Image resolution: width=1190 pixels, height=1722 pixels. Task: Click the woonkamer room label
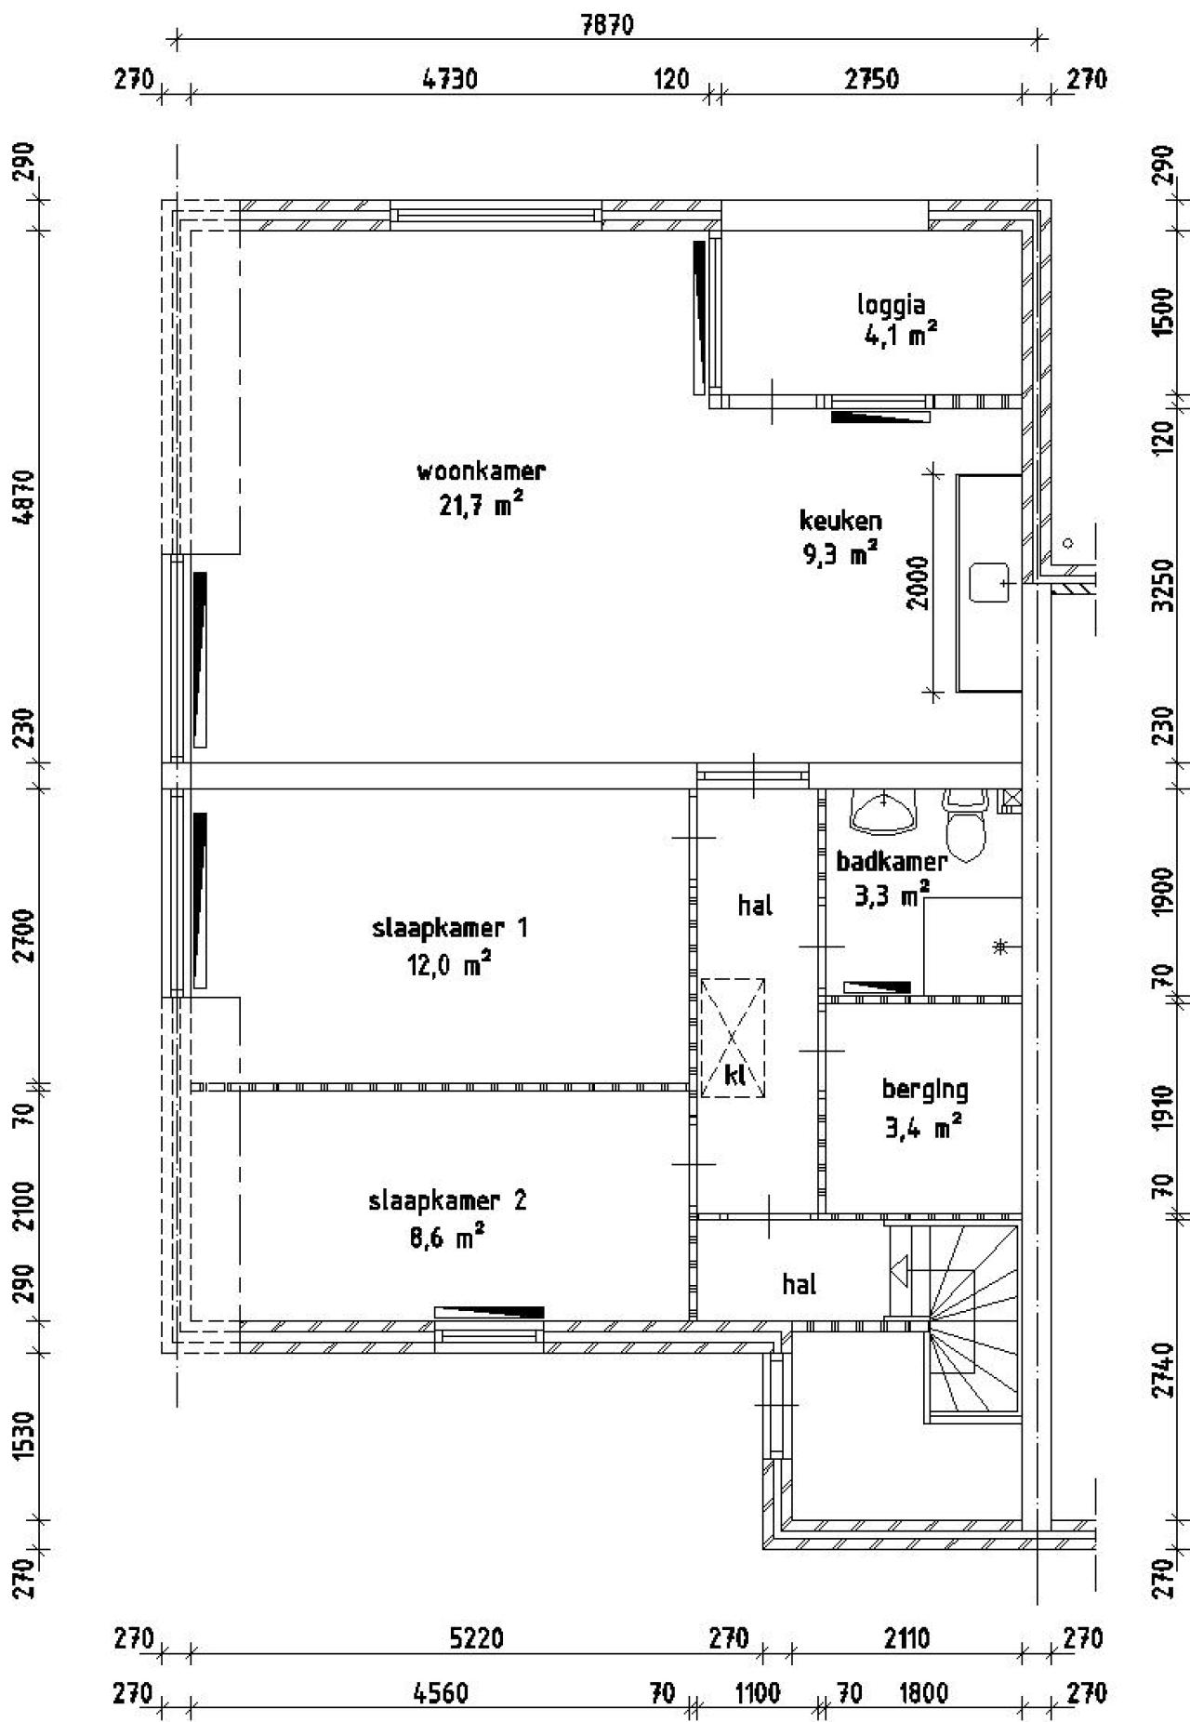point(480,471)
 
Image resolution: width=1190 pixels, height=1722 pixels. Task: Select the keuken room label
point(840,521)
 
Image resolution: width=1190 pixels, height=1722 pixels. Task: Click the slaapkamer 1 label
point(449,928)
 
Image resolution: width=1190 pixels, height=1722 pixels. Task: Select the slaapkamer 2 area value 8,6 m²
point(446,1238)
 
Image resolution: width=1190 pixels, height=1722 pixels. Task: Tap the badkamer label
point(891,861)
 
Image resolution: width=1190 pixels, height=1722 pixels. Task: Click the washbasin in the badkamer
point(881,811)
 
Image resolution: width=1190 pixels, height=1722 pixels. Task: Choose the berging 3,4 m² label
point(924,1107)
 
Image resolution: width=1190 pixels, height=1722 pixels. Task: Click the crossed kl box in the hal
point(733,1038)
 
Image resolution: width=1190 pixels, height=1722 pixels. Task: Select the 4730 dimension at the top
point(450,79)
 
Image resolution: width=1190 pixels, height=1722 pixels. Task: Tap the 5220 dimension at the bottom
point(476,1637)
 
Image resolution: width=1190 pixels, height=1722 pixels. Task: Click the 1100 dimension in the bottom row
point(757,1693)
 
